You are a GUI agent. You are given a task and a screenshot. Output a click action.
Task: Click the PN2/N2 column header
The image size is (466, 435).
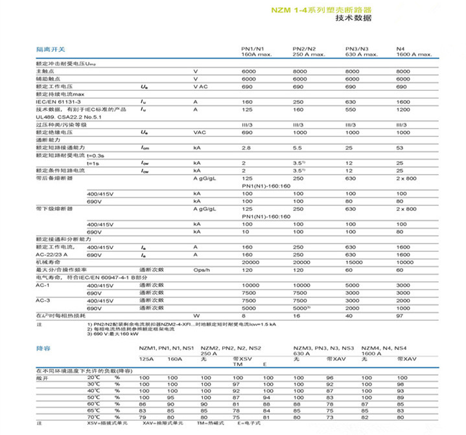point(304,50)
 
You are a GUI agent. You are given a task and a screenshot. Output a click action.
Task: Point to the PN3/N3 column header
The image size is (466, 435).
point(356,50)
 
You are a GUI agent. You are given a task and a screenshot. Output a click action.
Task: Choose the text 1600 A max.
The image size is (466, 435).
point(413,55)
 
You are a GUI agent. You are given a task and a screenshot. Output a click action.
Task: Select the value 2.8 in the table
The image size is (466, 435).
point(245,149)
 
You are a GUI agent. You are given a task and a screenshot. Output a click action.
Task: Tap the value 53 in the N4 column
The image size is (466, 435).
point(399,149)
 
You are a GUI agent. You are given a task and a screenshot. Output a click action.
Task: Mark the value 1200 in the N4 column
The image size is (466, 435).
point(402,110)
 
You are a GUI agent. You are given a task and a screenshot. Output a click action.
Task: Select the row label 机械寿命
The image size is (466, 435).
point(48,262)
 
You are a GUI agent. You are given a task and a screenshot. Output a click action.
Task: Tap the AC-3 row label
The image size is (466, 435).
point(43,299)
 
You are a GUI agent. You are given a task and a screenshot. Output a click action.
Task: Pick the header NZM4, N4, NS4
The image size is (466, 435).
point(383,349)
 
